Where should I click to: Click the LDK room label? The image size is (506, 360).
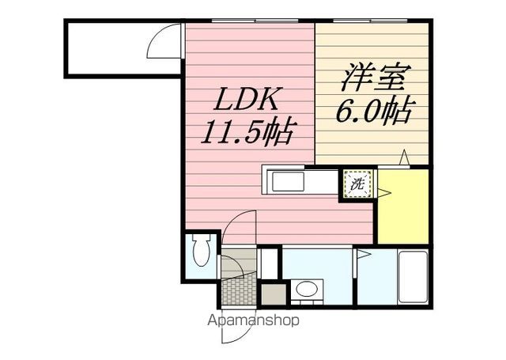pos(246,99)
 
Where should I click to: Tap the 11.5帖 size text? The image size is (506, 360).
pos(247,131)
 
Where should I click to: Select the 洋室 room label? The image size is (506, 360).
pos(376,78)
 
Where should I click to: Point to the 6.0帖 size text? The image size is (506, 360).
pos(374,110)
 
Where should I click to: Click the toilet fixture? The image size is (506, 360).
pos(202,249)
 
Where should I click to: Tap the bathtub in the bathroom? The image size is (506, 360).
pos(413,277)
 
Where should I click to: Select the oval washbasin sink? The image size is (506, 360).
pos(307,289)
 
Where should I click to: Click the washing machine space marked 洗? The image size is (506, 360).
pos(357,184)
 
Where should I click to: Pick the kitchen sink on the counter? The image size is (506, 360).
pos(288,181)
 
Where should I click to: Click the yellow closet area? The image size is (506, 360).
pos(403,206)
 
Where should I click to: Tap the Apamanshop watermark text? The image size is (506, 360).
pos(253,320)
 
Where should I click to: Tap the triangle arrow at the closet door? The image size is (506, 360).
pos(384,193)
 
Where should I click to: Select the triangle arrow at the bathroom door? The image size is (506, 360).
pos(364,254)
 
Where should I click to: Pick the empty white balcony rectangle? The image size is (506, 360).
pos(123,48)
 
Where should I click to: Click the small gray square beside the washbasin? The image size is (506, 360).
pos(274,294)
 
